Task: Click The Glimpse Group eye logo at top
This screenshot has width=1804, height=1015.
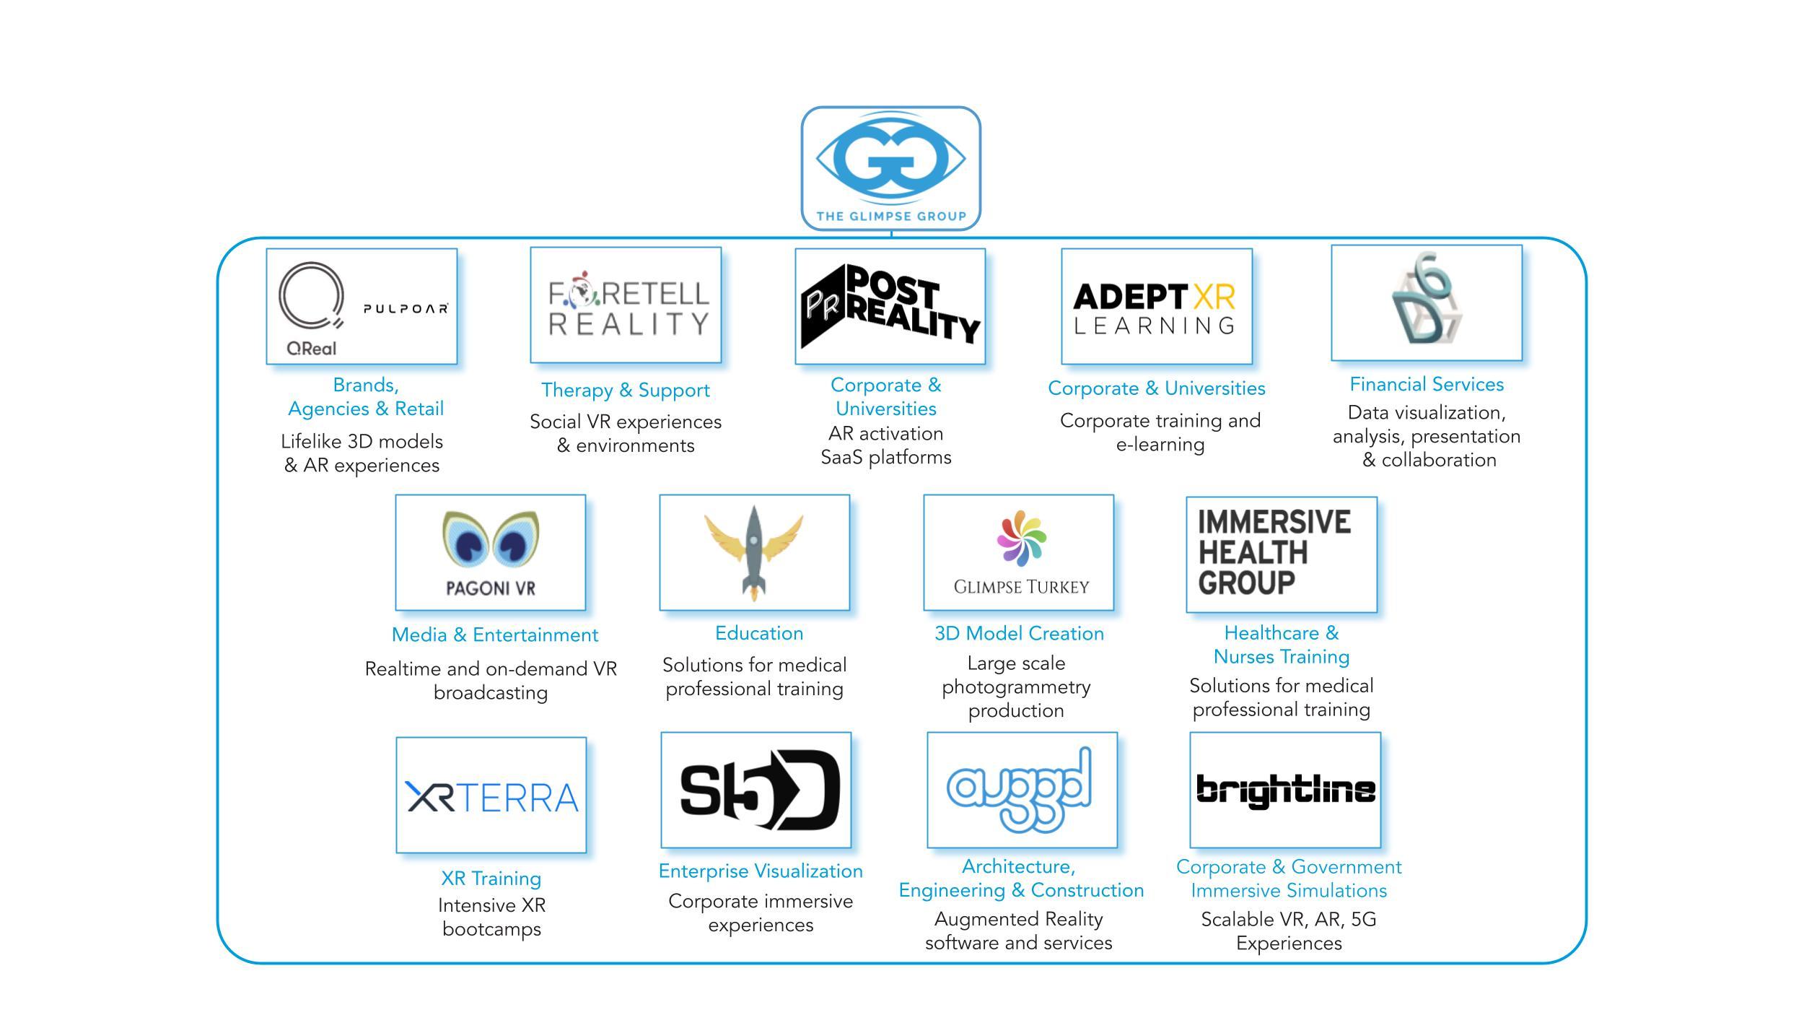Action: tap(890, 160)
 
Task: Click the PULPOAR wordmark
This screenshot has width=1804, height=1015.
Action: tap(405, 309)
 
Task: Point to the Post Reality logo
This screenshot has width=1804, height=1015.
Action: tap(890, 308)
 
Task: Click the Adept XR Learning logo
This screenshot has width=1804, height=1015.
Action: tap(1156, 308)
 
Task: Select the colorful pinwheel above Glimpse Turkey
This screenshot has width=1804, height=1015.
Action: tap(1021, 538)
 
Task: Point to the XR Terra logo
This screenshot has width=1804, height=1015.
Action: tap(491, 797)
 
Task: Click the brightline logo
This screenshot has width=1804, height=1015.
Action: tap(1285, 790)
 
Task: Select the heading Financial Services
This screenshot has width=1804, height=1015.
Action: tap(1427, 385)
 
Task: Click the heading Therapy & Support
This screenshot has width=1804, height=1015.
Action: tap(626, 391)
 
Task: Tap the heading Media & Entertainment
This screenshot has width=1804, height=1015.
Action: tap(494, 635)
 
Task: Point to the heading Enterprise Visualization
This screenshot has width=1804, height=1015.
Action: tap(761, 871)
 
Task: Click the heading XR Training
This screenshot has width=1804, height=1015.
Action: tap(491, 879)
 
